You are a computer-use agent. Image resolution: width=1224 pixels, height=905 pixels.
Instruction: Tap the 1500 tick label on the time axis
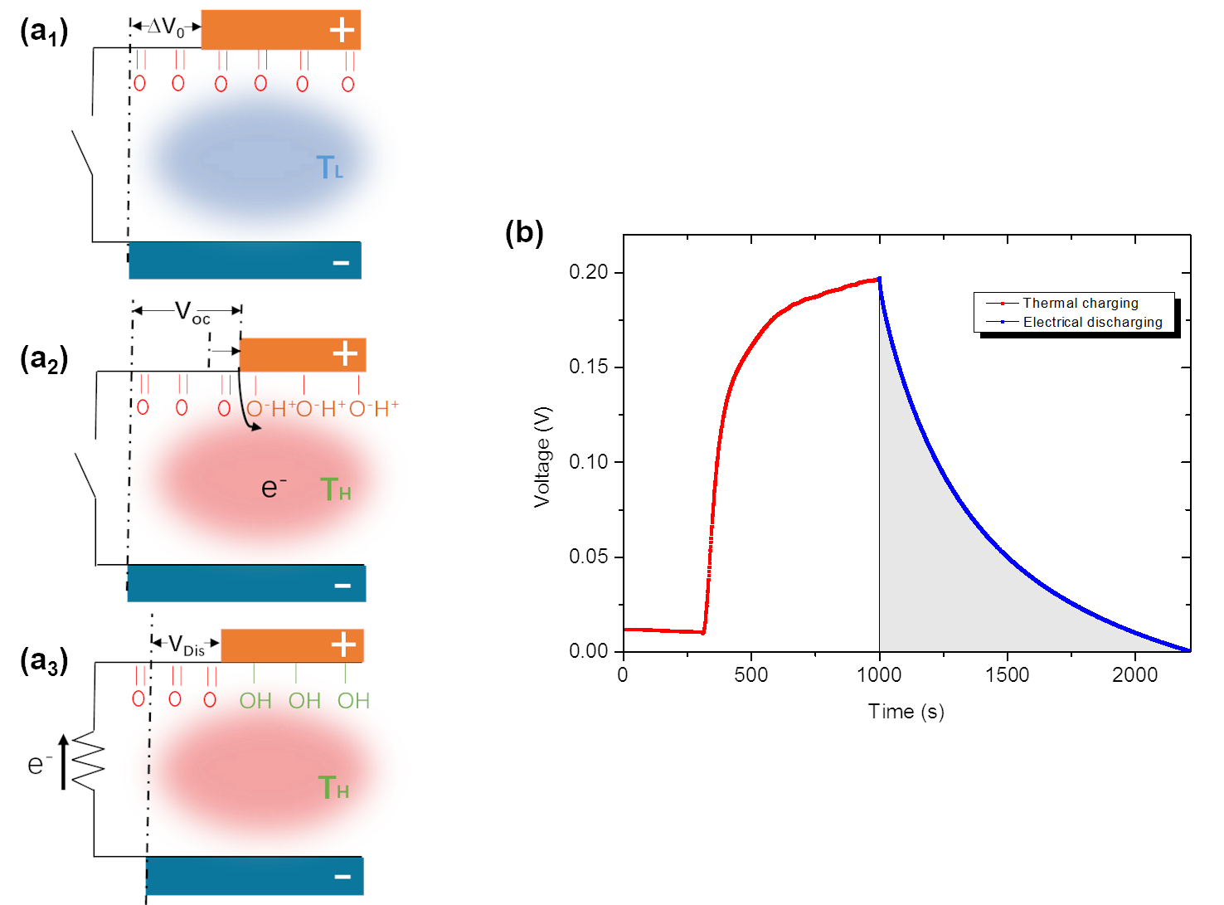[1007, 674]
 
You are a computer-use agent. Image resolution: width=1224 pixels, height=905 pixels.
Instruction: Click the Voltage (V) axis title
[542, 456]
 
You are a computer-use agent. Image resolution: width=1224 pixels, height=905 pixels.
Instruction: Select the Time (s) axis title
[906, 712]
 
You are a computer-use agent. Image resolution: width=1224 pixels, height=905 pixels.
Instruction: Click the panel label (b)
[524, 232]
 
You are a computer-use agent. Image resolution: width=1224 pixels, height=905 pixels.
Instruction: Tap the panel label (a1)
[43, 32]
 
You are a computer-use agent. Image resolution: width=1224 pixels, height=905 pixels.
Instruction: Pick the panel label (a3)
[43, 661]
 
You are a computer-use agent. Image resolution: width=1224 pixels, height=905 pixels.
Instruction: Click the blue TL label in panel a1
[329, 168]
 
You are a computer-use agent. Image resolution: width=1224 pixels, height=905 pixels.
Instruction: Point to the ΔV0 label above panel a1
[166, 27]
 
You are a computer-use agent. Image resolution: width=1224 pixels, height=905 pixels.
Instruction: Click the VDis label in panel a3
[186, 645]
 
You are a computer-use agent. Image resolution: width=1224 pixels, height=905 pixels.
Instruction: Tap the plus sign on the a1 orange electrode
[342, 31]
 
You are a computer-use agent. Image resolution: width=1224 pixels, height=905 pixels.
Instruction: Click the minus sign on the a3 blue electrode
[342, 877]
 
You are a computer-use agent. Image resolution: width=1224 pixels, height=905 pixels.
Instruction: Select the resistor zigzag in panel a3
[88, 761]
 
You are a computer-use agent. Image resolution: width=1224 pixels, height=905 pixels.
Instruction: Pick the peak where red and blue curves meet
[879, 279]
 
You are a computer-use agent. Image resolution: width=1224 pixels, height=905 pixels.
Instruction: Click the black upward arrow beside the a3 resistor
[64, 761]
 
